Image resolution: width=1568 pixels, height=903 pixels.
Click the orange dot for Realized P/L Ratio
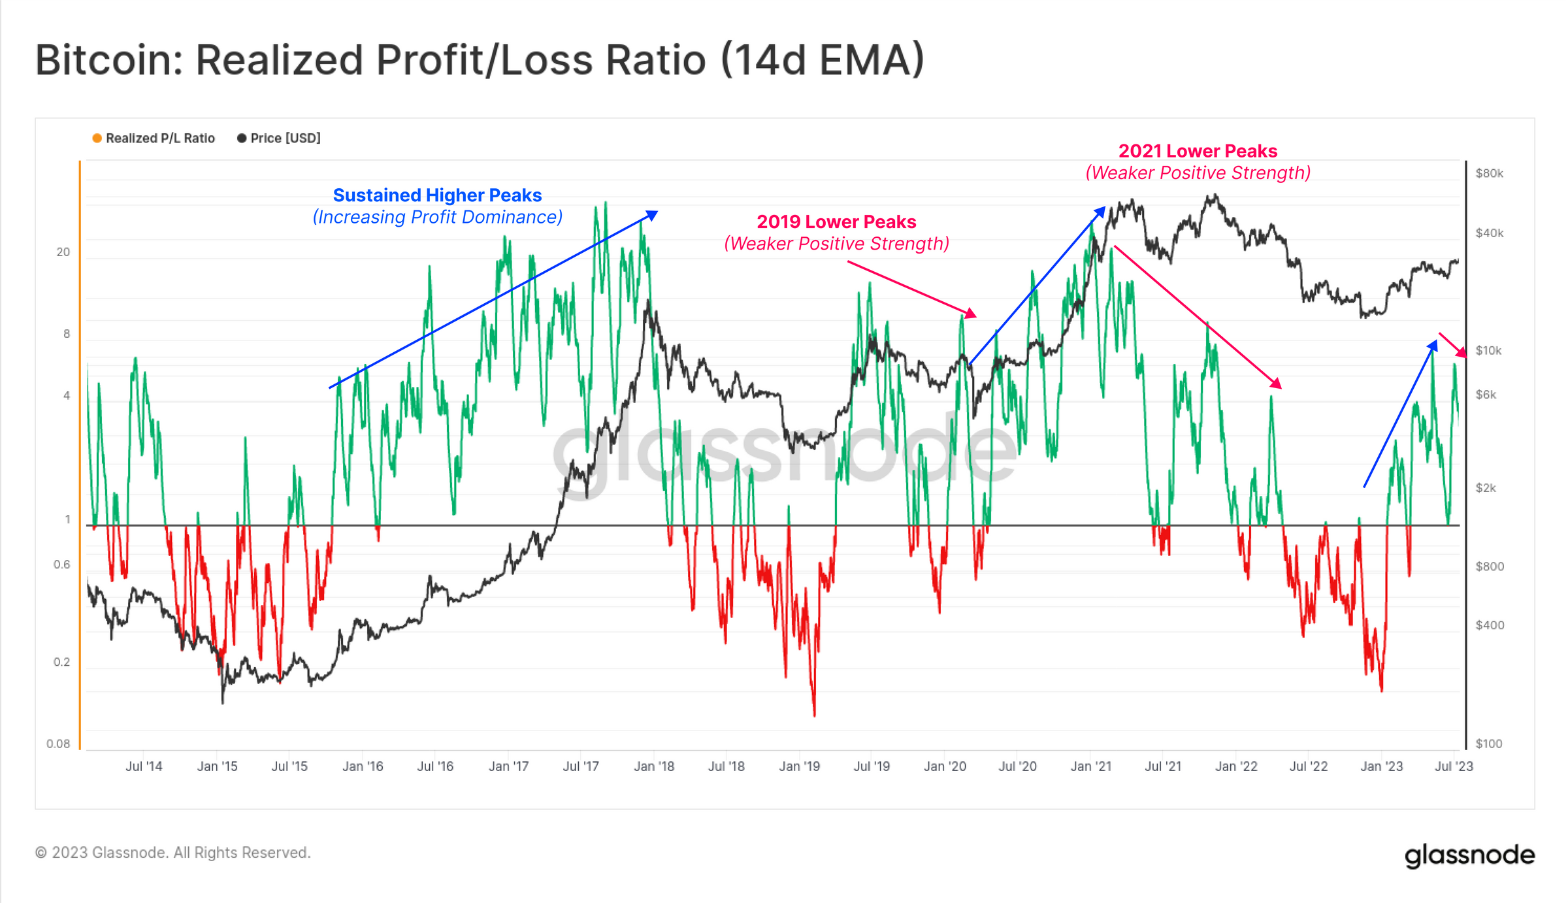coord(97,138)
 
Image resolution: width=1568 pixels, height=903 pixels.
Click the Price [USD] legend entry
coord(279,138)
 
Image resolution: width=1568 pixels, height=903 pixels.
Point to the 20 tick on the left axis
coord(63,252)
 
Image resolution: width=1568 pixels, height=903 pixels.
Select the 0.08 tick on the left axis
coord(58,744)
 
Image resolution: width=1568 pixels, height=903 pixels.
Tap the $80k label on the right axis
coord(1489,173)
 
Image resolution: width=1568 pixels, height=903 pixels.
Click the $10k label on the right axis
coord(1488,350)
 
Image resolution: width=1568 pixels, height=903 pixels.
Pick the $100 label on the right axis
coord(1488,744)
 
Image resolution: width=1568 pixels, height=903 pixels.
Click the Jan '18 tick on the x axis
coord(653,766)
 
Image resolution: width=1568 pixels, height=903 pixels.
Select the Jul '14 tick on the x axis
coord(144,766)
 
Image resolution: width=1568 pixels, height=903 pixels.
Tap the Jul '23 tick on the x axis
coord(1453,766)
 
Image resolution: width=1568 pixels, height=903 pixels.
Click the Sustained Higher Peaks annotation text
coord(437,195)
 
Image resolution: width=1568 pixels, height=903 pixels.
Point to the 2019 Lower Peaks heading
coord(836,222)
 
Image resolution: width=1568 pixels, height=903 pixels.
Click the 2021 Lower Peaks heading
coord(1198,151)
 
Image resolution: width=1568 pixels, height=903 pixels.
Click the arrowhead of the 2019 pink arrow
coord(972,314)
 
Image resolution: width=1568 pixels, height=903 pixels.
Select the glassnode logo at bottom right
coord(1469,855)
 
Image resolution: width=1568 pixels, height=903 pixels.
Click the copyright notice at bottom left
coord(172,853)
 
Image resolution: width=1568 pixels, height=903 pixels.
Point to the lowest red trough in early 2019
coord(814,714)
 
